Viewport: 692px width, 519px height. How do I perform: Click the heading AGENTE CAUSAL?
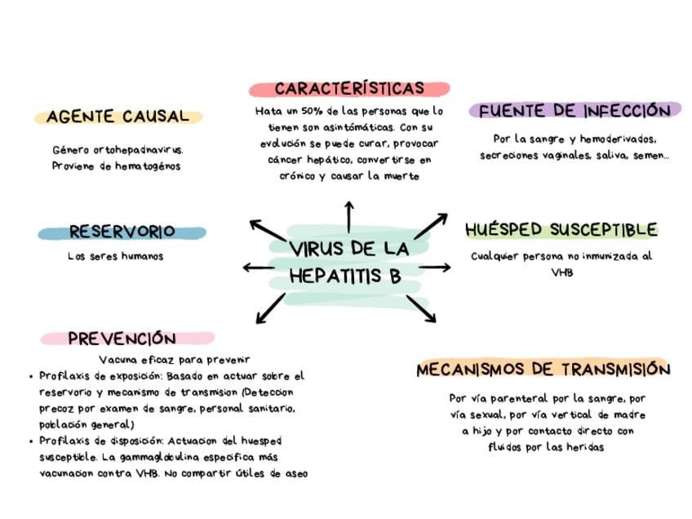[x=118, y=117]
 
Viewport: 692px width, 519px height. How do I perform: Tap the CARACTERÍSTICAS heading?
[x=349, y=89]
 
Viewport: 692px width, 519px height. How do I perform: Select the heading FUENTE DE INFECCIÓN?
[x=574, y=111]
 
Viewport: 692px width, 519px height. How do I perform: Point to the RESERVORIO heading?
[x=122, y=232]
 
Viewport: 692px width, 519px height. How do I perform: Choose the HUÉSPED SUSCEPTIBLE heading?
[x=561, y=229]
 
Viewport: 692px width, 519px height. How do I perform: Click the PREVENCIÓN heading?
[x=122, y=339]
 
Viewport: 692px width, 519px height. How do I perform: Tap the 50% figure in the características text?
[x=311, y=111]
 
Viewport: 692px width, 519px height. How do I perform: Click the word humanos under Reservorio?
[x=143, y=256]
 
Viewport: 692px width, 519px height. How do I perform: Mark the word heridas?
[x=583, y=447]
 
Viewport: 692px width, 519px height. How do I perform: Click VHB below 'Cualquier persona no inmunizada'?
[x=562, y=273]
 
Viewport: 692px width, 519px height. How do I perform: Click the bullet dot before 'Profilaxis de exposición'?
[x=31, y=377]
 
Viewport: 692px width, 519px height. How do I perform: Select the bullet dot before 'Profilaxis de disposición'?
[x=31, y=441]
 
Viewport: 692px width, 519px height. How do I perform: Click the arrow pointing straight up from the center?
[x=349, y=215]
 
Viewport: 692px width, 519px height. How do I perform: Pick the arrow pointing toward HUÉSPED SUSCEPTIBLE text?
[x=435, y=267]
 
